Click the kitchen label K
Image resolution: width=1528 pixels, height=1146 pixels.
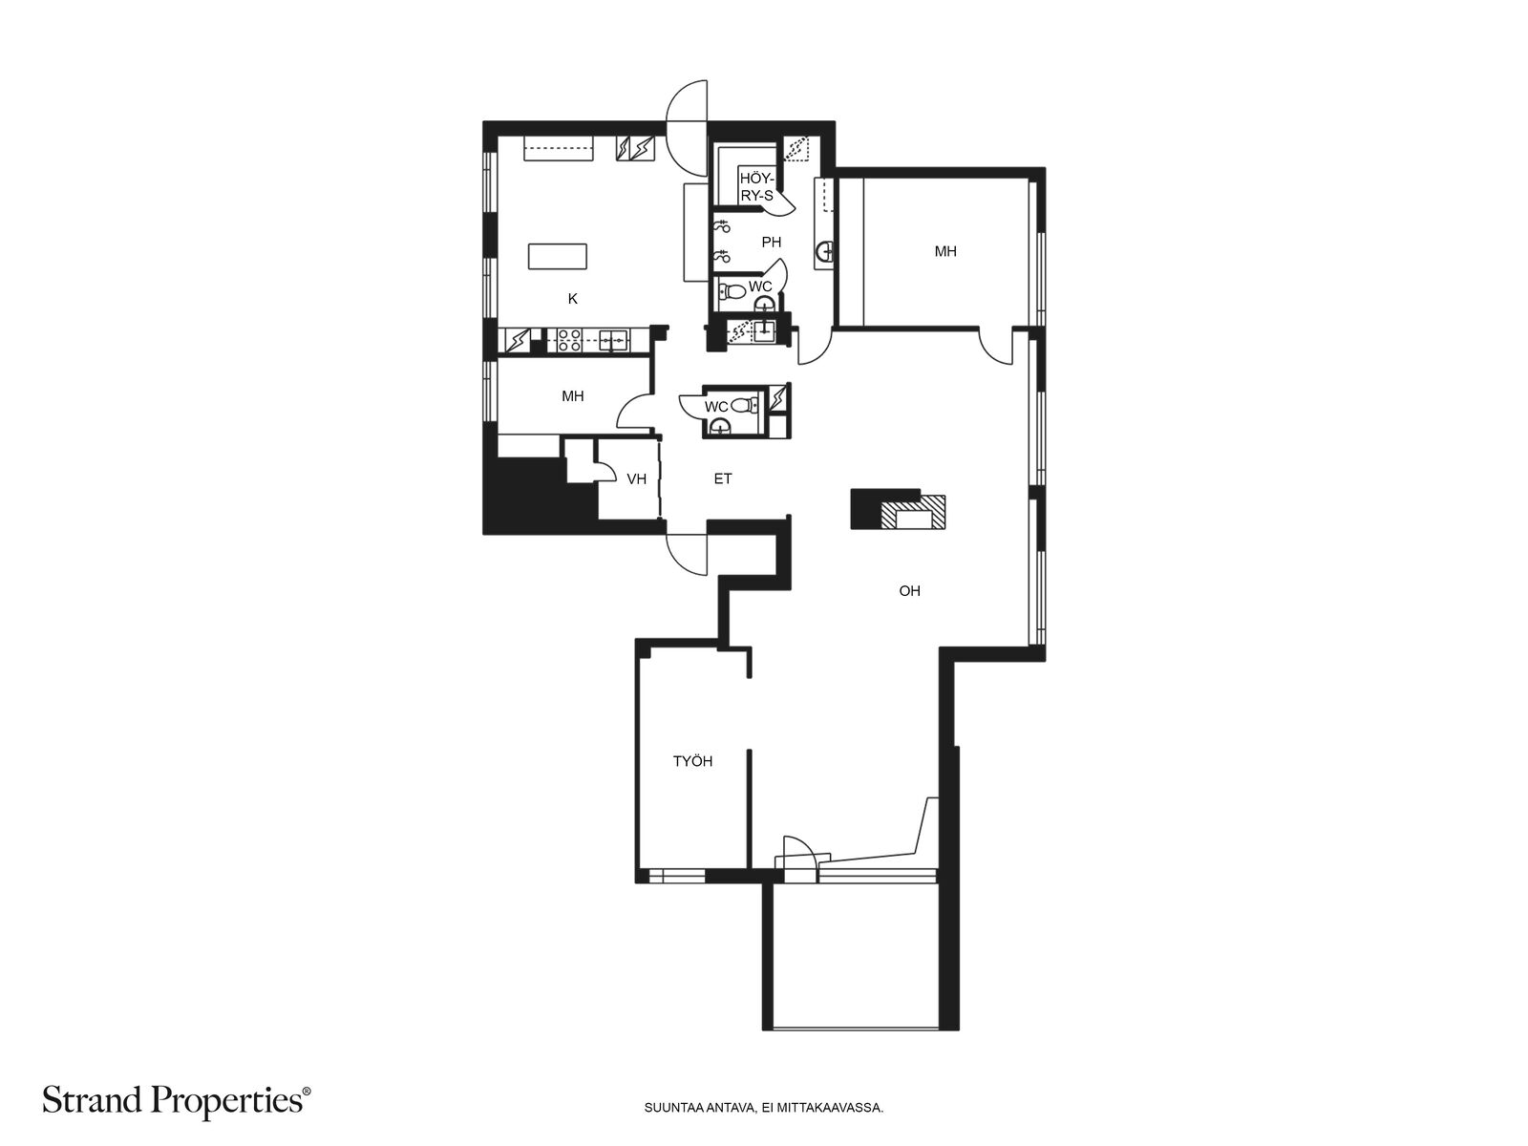point(572,299)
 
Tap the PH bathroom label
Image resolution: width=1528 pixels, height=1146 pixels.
point(771,243)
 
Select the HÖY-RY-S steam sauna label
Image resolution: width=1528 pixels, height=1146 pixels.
point(756,187)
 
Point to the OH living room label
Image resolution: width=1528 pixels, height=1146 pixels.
point(909,591)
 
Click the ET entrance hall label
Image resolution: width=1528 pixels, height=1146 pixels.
point(723,478)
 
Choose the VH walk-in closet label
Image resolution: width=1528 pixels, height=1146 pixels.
point(636,478)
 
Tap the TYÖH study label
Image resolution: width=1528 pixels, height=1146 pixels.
point(692,761)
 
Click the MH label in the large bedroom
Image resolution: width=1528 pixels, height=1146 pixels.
point(945,251)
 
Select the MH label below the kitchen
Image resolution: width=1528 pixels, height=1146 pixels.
point(572,396)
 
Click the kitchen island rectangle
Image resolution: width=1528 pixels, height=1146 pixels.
point(557,256)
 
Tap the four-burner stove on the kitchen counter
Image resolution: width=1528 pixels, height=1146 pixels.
point(569,340)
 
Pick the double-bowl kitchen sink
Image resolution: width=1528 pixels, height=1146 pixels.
point(613,340)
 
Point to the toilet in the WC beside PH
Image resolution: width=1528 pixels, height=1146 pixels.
point(732,290)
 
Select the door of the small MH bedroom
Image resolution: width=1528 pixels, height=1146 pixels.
point(633,412)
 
